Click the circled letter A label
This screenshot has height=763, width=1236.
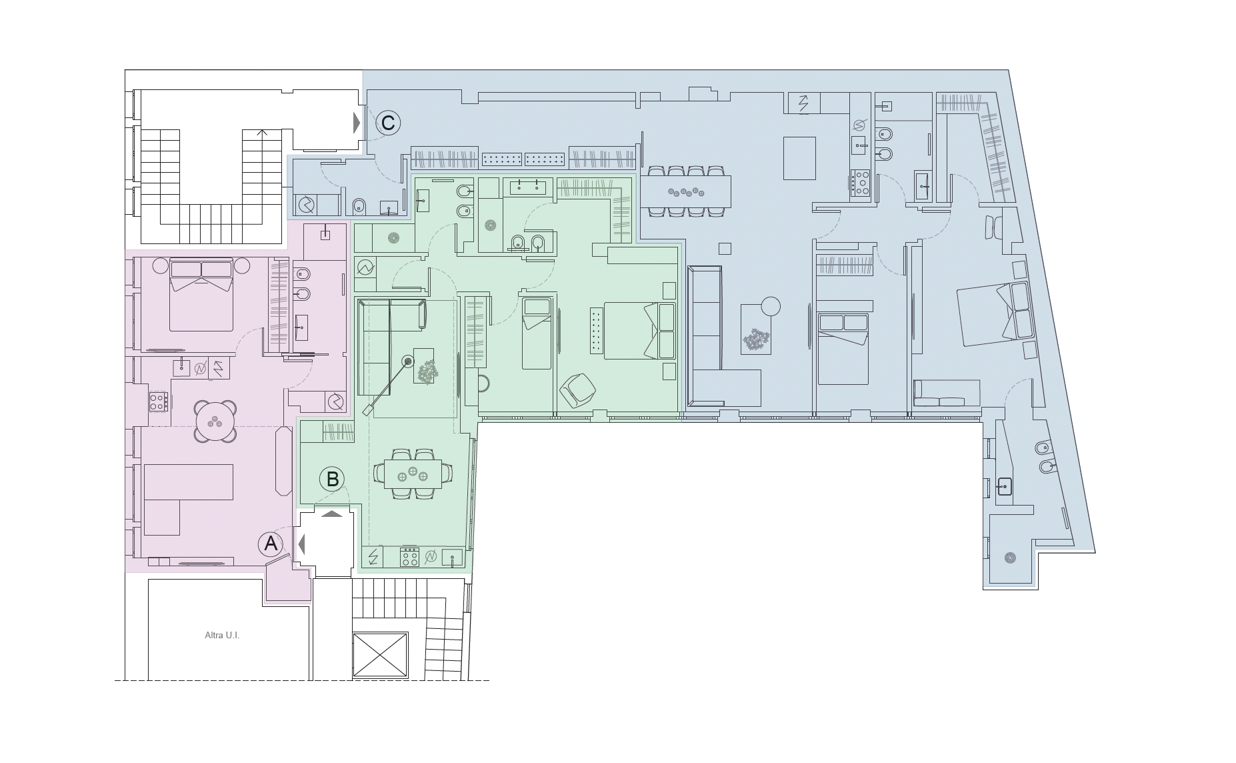271,544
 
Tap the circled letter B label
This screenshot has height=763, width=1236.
332,479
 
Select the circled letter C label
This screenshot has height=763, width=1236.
388,123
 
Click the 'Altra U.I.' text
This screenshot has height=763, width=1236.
222,635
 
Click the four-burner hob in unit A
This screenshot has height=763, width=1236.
158,401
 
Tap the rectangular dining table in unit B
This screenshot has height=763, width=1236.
413,474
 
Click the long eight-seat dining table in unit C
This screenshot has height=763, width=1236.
685,191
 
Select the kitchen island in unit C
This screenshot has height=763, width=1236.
799,158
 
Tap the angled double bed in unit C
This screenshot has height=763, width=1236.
994,314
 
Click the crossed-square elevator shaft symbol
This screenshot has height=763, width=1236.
380,655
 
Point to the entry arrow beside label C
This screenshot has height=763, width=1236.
357,123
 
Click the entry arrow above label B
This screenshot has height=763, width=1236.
332,514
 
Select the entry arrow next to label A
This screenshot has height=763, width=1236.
301,545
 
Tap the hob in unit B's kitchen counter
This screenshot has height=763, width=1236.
409,557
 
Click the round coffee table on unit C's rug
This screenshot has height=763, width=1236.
771,306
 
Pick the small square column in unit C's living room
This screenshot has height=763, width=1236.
725,249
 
